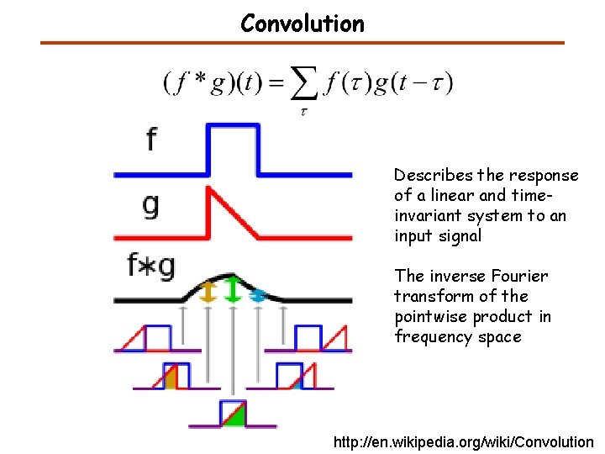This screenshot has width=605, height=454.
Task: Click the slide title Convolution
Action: pos(302,24)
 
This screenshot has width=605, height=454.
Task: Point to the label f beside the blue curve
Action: pos(150,139)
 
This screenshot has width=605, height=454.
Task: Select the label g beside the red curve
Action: pos(150,204)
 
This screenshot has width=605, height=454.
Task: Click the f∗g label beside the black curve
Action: pos(151,267)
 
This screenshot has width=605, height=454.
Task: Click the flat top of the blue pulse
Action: pos(234,127)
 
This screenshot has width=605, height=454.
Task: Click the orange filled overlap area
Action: pos(171,380)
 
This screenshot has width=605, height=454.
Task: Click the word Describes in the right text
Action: pos(434,176)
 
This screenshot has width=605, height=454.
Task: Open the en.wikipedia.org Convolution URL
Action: pos(463,442)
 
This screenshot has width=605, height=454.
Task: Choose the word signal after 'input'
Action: pos(460,236)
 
